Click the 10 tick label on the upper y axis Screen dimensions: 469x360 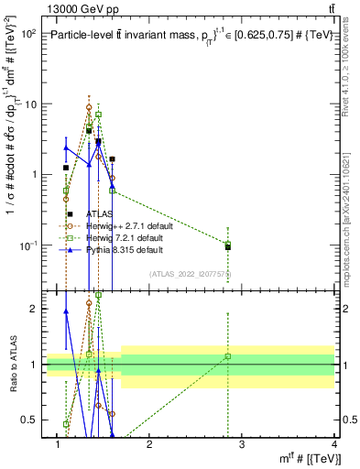(29, 104)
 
